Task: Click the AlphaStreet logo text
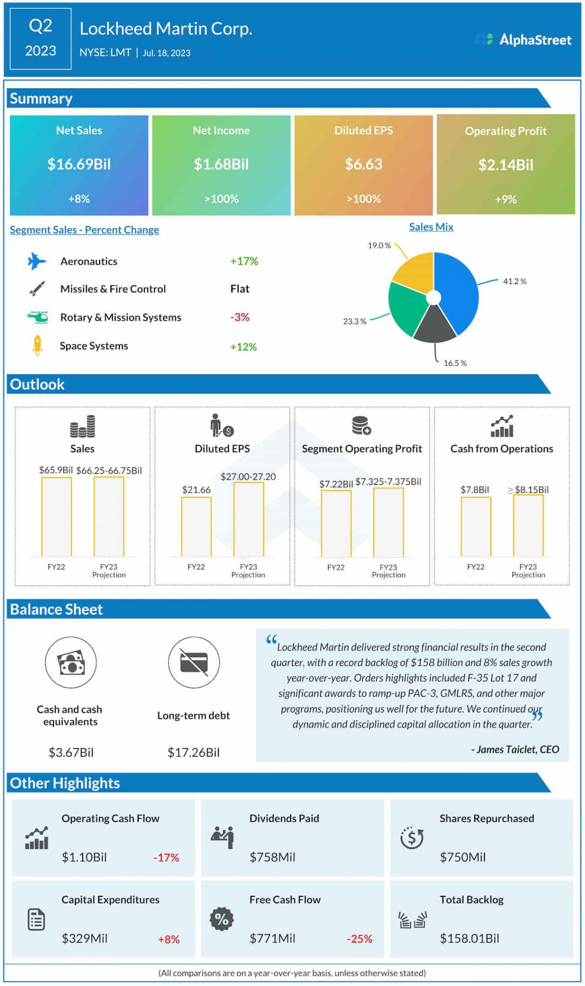coord(535,40)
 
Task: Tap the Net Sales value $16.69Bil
coord(79,164)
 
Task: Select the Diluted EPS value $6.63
coord(364,164)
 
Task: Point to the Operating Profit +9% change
coord(506,199)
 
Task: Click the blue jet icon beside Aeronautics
coord(37,261)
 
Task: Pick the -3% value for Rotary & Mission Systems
coord(240,317)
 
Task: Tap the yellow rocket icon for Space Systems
coord(38,346)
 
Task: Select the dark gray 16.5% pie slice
coord(434,325)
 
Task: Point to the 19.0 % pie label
coord(380,246)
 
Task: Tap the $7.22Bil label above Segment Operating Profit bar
coord(336,484)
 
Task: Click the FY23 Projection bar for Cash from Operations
coord(528,525)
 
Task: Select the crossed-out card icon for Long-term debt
coord(194,662)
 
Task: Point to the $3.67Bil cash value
coord(71,752)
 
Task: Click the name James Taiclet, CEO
coord(515,750)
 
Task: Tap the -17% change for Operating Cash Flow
coord(166,857)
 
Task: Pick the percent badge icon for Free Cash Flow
coord(222,919)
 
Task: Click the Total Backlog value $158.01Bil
coord(470,938)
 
